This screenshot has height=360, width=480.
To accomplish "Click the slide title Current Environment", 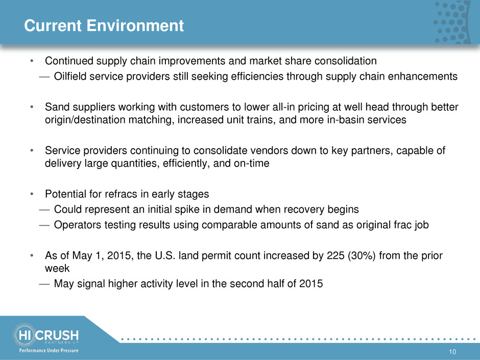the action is pos(104,26).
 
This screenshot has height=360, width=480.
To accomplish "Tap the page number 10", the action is pos(452,352).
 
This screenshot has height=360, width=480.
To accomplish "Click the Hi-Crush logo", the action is pos(45,335).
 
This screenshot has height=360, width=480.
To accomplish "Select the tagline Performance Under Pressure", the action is pos(49,350).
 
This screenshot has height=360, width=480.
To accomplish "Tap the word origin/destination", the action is pos(85,119).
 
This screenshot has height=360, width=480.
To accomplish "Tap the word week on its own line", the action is pos(57,269).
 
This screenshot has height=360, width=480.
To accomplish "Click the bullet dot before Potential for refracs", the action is pos(32,195).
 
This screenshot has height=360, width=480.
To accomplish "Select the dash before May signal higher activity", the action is pos(44,284).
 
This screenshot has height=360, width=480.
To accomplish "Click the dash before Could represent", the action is pos(44,210).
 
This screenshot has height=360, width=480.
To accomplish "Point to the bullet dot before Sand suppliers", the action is pos(32,107).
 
